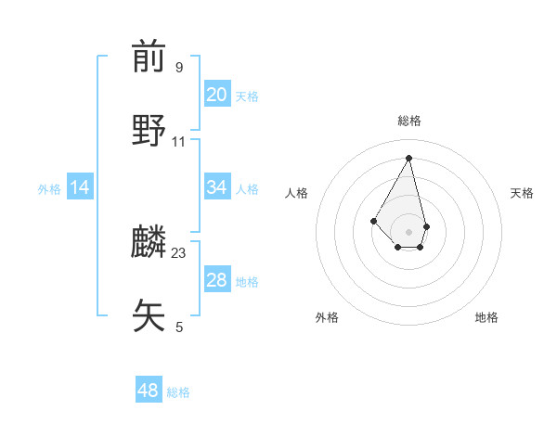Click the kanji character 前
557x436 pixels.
(149, 58)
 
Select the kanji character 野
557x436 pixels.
(149, 131)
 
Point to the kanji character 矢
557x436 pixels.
(149, 315)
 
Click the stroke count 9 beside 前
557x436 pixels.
(178, 68)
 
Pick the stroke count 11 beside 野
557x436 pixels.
(179, 142)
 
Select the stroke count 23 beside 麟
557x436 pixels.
(179, 252)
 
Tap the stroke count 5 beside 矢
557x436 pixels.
(178, 327)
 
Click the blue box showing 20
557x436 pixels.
(217, 95)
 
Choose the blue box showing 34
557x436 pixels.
(217, 187)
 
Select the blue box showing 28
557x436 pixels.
(217, 280)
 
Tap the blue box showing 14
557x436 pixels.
(80, 187)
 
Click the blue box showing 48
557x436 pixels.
(149, 391)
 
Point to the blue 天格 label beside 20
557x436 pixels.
(247, 96)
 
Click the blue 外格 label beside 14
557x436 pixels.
(49, 189)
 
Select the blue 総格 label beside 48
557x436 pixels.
(178, 392)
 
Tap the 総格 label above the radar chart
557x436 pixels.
(408, 121)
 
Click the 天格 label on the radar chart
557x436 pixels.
(522, 193)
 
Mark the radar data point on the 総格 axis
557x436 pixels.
(408, 157)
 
